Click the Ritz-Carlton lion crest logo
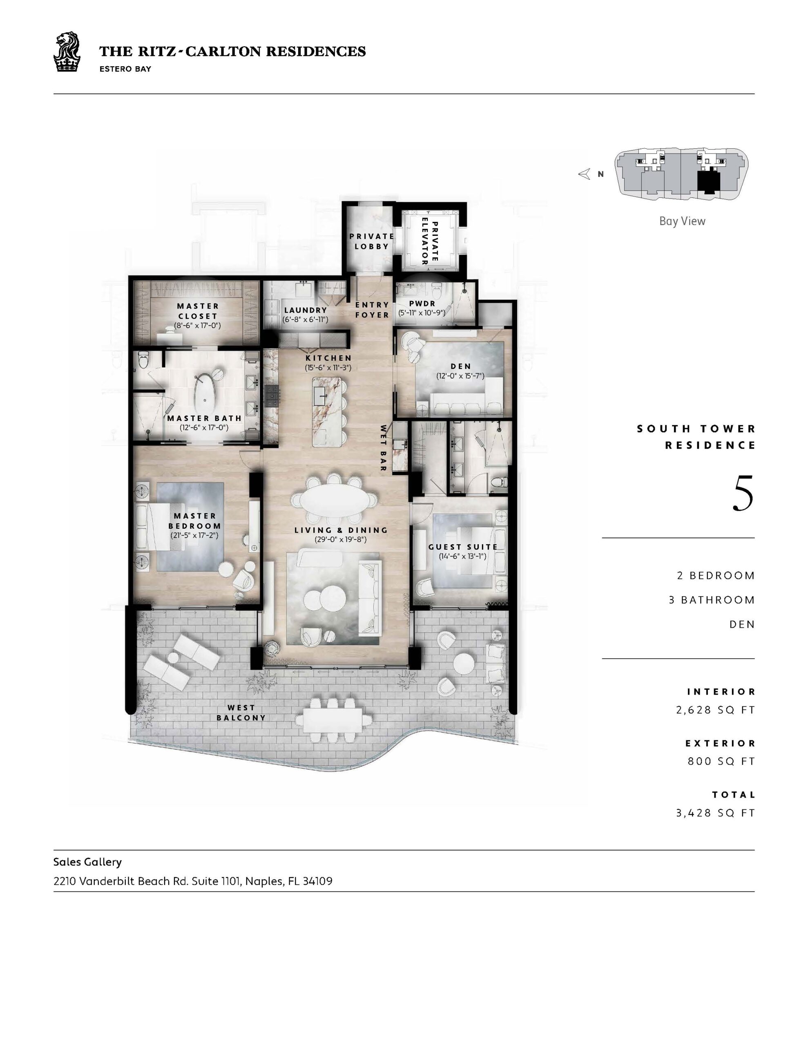[67, 52]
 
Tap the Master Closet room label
[198, 311]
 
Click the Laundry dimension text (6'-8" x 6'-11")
[306, 319]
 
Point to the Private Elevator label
[429, 241]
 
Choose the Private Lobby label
[372, 241]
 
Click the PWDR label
[422, 303]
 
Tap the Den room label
[461, 367]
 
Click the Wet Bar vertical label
[383, 448]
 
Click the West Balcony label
[241, 713]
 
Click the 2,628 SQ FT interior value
[716, 710]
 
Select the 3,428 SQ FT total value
[716, 813]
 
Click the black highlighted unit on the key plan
[709, 183]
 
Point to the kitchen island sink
[320, 393]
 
